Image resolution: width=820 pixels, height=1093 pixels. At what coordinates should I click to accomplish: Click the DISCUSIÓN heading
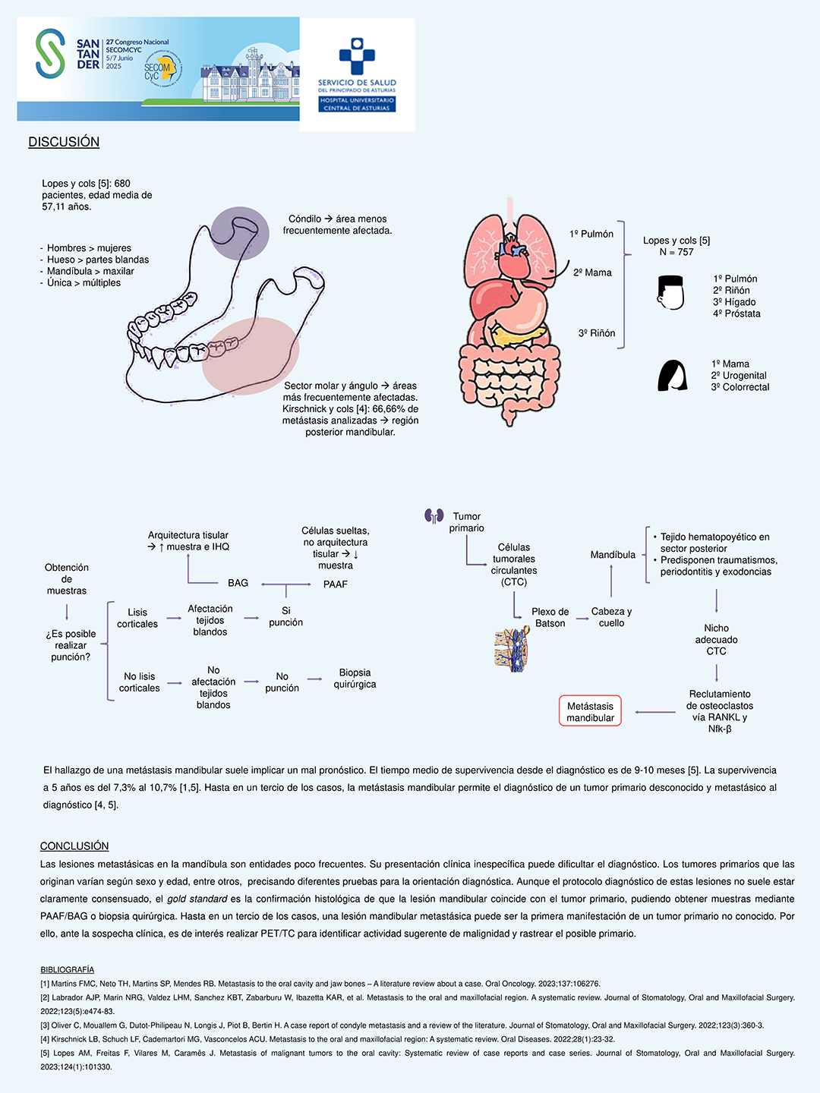[64, 142]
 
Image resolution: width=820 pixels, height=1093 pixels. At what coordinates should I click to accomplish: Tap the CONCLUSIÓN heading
[74, 846]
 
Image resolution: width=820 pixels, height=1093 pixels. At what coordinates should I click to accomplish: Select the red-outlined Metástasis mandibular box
[590, 711]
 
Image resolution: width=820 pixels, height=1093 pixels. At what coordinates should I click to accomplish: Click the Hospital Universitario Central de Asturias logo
[357, 75]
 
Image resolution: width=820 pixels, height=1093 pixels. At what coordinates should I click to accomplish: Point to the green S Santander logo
[50, 54]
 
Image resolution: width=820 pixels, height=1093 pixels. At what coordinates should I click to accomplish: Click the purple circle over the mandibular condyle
[240, 233]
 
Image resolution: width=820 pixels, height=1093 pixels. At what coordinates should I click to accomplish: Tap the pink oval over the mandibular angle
[250, 355]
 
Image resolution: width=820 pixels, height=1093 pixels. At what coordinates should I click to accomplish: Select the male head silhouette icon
[671, 292]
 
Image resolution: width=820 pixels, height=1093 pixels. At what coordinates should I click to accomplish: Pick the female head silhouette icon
[672, 376]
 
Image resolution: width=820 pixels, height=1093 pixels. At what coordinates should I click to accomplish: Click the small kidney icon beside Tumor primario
[434, 516]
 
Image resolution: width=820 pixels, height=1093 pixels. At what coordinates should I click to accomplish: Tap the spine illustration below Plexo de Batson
[512, 649]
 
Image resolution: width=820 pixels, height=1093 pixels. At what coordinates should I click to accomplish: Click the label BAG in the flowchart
[238, 583]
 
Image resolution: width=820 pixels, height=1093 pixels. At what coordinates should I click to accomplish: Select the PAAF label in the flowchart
[335, 584]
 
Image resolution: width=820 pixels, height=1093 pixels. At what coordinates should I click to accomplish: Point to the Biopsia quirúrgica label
[355, 679]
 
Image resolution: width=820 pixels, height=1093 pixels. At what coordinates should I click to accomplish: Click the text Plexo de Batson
[550, 617]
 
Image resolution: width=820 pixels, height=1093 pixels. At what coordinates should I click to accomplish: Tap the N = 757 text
[676, 252]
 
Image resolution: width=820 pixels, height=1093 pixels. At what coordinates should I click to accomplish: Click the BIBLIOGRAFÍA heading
[68, 970]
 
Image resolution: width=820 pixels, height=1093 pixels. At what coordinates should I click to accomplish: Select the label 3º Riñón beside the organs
[597, 333]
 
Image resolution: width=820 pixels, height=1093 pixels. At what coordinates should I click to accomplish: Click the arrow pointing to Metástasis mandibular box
[654, 712]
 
